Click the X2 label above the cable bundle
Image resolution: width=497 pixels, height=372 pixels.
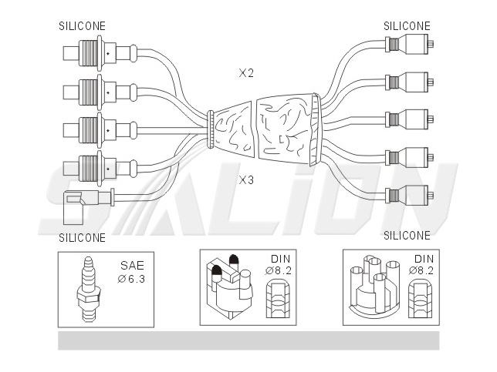click(x=246, y=73)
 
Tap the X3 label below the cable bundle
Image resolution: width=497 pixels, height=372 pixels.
click(x=246, y=180)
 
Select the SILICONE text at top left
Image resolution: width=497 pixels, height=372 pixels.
click(x=82, y=26)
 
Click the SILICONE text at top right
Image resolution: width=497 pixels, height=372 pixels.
click(x=407, y=26)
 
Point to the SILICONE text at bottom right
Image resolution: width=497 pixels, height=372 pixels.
click(x=407, y=236)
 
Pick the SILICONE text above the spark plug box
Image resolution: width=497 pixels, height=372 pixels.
click(x=82, y=237)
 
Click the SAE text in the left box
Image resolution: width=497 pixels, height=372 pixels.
click(x=132, y=266)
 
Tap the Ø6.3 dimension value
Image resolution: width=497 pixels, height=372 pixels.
click(x=131, y=279)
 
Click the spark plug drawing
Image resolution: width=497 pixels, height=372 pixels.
click(x=89, y=289)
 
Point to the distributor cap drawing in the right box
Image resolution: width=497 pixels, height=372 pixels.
click(x=374, y=287)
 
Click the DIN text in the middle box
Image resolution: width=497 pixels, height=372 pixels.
click(x=280, y=259)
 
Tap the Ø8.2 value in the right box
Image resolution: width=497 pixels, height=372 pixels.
click(x=421, y=270)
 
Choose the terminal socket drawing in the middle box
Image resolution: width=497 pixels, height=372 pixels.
click(x=278, y=299)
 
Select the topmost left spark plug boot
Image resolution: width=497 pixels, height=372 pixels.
click(x=100, y=53)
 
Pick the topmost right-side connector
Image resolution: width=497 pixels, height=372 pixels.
click(x=409, y=45)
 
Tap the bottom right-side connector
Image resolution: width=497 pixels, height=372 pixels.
click(x=409, y=195)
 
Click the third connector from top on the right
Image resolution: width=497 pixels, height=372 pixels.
click(x=409, y=119)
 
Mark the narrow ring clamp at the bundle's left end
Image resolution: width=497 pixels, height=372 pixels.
click(x=210, y=129)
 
